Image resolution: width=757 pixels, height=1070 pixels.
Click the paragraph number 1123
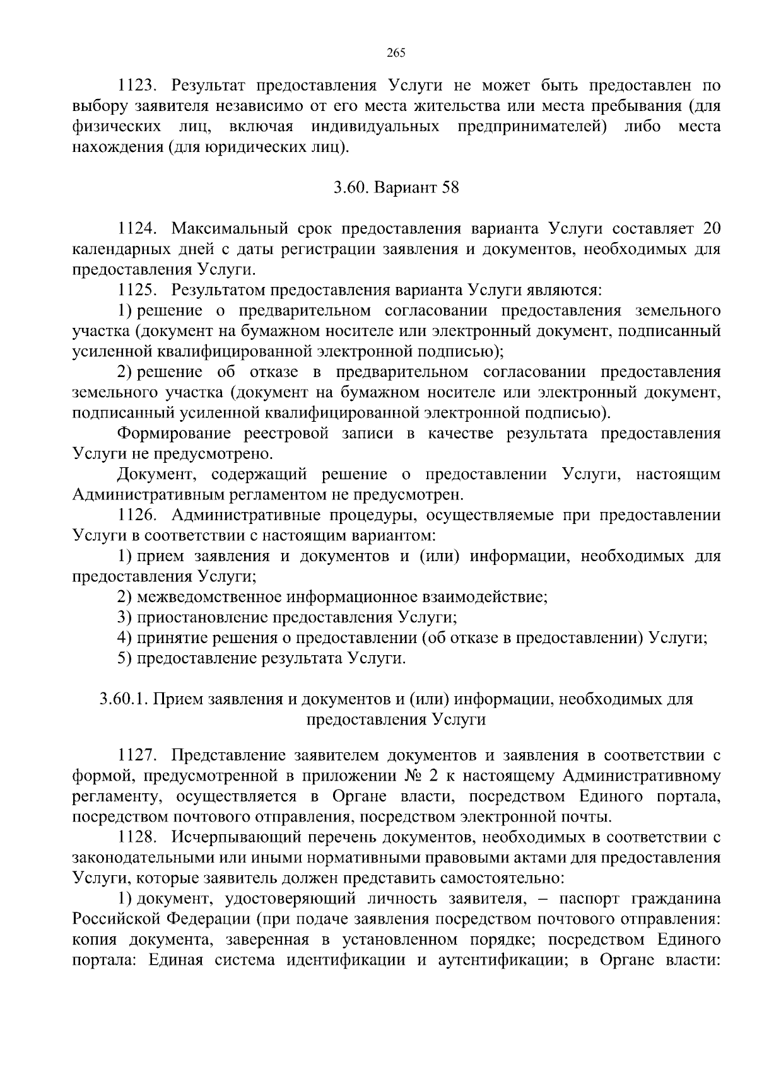point(137,86)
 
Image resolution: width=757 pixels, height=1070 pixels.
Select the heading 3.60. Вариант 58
point(396,188)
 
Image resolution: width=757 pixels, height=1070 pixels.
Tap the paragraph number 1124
point(137,228)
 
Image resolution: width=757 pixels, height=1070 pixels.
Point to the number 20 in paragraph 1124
point(711,228)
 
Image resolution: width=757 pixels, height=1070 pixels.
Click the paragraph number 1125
point(137,290)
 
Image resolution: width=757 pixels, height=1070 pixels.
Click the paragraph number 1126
point(137,516)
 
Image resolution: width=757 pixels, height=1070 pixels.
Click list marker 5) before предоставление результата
point(124,658)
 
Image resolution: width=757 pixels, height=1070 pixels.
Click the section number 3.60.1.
point(124,699)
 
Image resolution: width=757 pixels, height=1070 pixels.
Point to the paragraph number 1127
point(137,756)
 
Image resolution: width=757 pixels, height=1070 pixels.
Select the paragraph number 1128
point(137,838)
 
